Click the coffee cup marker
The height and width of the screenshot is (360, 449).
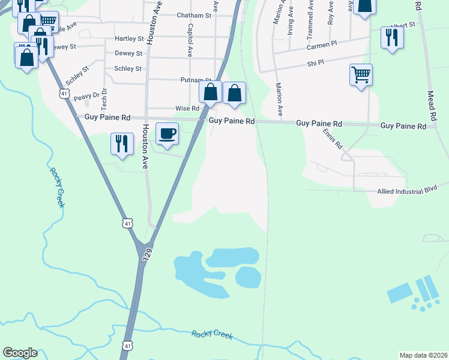pos(167,133)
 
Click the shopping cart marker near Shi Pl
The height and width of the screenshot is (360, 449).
pos(361,76)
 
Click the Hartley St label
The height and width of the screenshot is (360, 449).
pos(129,39)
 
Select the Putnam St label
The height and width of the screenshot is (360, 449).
pos(196,80)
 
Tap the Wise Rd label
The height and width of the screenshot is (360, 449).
pos(187,109)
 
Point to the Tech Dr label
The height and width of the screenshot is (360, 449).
pos(104,99)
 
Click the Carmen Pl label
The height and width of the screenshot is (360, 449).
pos(323,46)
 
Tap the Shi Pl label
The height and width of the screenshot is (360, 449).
pos(315,62)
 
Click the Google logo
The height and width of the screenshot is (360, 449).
pos(20,353)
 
